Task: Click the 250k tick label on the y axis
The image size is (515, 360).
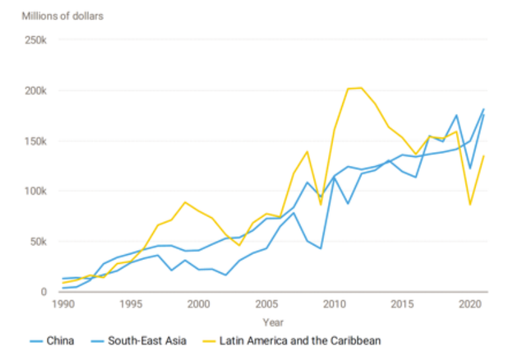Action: (35, 40)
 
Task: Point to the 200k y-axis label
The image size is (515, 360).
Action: (35, 91)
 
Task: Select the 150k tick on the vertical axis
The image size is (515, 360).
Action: (35, 141)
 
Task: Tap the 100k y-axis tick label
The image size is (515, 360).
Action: (35, 191)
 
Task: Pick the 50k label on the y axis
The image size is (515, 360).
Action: (38, 242)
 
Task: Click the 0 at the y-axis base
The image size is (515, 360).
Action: (44, 292)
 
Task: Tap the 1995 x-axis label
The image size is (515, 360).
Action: (132, 305)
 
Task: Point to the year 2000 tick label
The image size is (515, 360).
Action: (199, 305)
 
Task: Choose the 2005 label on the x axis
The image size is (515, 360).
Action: (267, 305)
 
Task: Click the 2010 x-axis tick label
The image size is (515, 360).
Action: (335, 305)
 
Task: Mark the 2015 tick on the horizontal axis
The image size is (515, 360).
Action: (402, 305)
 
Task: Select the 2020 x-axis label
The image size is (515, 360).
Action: (469, 305)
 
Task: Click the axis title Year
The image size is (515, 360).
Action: (273, 322)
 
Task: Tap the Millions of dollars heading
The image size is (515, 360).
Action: (63, 16)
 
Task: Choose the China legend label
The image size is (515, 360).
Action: (61, 341)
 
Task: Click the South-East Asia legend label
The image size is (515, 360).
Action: (148, 341)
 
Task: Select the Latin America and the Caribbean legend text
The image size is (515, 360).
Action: (300, 341)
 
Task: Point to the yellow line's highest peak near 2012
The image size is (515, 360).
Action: (361, 88)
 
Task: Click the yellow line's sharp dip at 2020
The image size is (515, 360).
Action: (470, 205)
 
